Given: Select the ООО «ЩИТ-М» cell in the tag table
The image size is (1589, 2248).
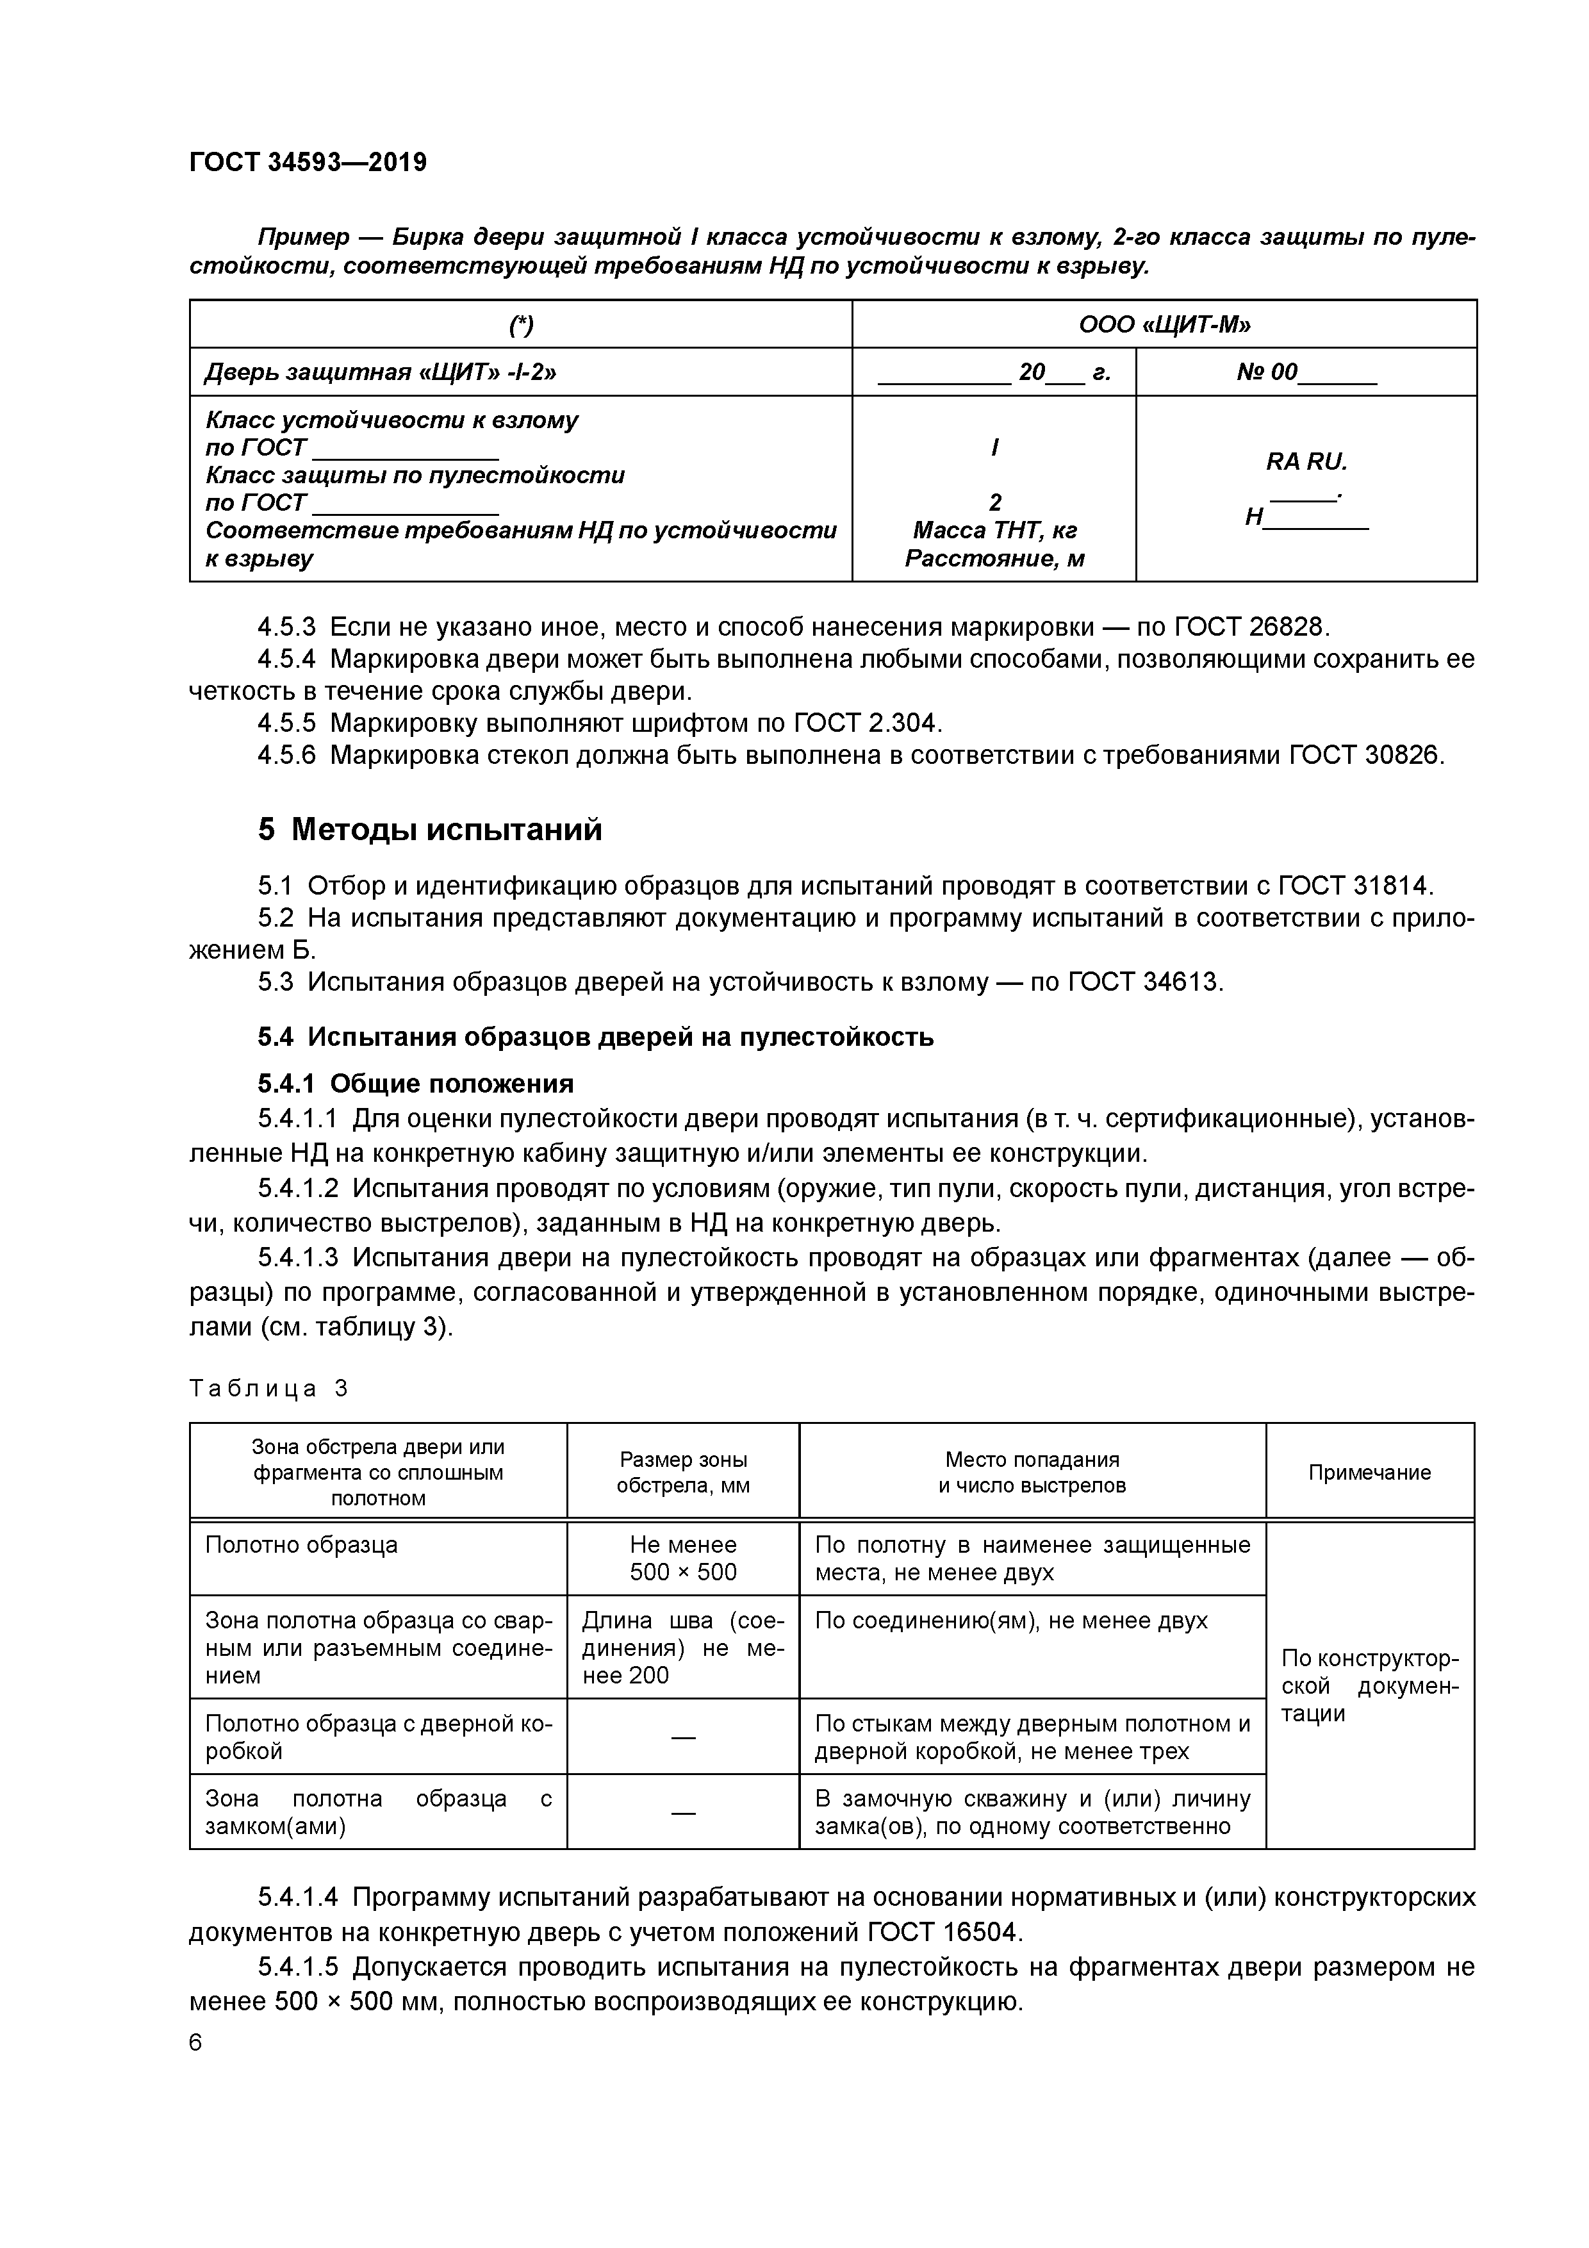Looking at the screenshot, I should (x=1164, y=324).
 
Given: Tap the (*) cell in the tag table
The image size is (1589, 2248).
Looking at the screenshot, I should (x=521, y=324).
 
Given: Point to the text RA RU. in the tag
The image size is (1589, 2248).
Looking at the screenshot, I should (x=1306, y=461).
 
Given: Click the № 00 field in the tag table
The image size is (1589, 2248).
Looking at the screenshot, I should (x=1306, y=372).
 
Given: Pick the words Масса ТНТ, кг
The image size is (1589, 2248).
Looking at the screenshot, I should (x=994, y=531).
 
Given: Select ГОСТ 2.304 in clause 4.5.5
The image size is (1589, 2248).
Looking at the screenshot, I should (x=866, y=723).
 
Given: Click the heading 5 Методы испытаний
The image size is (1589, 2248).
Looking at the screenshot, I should (x=430, y=831).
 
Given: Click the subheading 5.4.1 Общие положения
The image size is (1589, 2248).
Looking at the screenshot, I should (x=415, y=1084).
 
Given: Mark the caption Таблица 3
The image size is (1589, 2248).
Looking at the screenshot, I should (x=268, y=1389).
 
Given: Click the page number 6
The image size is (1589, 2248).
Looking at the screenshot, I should (x=196, y=2044).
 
